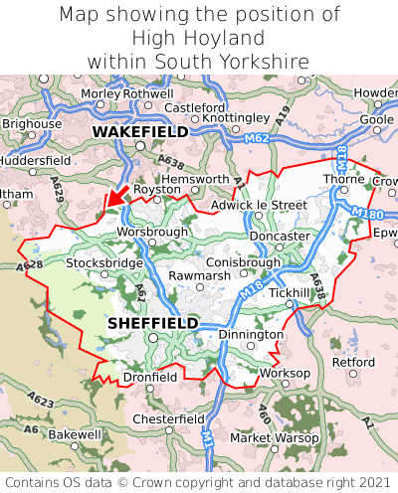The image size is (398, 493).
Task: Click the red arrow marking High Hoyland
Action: [115, 197]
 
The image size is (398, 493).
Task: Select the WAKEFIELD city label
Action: [140, 131]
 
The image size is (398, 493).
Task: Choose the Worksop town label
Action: [285, 374]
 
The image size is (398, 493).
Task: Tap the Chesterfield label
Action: [168, 419]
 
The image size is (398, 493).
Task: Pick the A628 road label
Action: [30, 266]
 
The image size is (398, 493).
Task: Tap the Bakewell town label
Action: [75, 435]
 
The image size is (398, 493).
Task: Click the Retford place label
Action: [353, 363]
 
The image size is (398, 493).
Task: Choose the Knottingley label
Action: [236, 117]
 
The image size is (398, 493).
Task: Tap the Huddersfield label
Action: [34, 159]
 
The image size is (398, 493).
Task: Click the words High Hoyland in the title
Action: [199, 38]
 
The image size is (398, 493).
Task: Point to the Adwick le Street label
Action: [260, 206]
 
